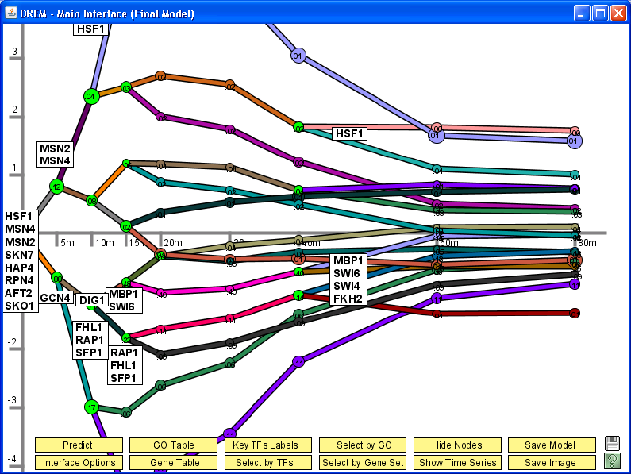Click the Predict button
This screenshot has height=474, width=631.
pyautogui.click(x=78, y=445)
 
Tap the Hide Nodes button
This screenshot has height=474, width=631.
pyautogui.click(x=457, y=445)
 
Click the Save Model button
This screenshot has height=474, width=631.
pyautogui.click(x=552, y=445)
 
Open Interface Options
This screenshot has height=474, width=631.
pyautogui.click(x=78, y=463)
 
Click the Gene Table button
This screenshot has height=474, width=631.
pyautogui.click(x=173, y=463)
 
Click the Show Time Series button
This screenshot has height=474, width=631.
pyautogui.click(x=457, y=463)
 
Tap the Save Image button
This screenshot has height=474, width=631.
pyautogui.click(x=552, y=463)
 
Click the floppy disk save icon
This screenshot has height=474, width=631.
pyautogui.click(x=612, y=444)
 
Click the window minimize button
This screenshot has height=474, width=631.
pyautogui.click(x=583, y=13)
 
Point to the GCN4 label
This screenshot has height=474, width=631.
pyautogui.click(x=56, y=298)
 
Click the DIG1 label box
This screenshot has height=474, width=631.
pyautogui.click(x=92, y=300)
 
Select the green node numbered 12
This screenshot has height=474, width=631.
pyautogui.click(x=56, y=187)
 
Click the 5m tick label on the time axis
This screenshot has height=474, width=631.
pyautogui.click(x=67, y=242)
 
